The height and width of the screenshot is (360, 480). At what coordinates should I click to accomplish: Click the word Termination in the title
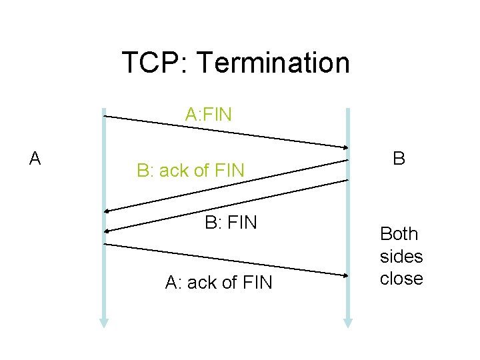point(273,63)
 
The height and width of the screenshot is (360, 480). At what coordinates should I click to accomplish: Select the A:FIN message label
point(209,115)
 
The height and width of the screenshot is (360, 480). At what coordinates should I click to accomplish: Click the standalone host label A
point(35,159)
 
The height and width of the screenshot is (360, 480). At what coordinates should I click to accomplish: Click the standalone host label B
point(399,159)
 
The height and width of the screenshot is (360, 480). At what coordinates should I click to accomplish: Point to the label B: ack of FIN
point(191,171)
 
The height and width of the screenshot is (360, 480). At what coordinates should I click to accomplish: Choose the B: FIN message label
point(231,222)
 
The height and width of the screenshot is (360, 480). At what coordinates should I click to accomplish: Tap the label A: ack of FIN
point(219,283)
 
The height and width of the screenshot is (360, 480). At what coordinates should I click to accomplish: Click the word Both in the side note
point(399,234)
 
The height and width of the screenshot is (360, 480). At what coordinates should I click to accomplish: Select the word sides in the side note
point(401,256)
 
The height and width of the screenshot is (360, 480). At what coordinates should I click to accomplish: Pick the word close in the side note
point(401,278)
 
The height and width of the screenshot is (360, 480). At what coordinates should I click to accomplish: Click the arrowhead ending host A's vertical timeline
point(104,322)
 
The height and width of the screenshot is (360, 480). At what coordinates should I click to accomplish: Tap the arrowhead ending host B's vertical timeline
point(348,322)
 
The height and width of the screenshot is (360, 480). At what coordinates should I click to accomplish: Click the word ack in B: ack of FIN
point(174,171)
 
